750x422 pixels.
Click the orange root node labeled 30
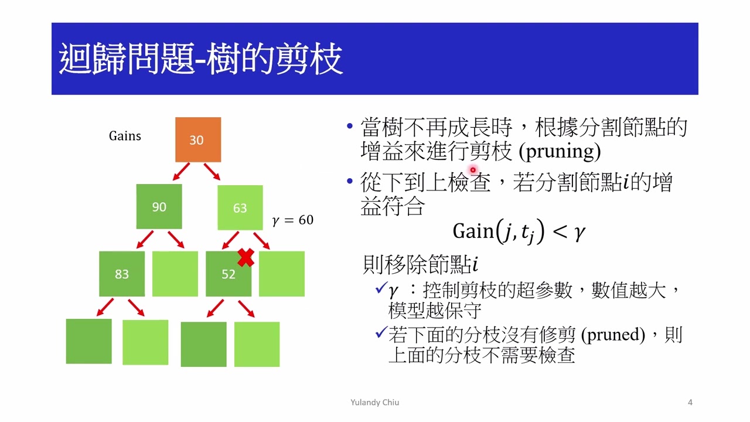[x=198, y=139]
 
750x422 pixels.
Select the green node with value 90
[x=159, y=206]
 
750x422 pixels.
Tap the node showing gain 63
[x=240, y=207]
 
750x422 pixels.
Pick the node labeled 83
[x=121, y=274]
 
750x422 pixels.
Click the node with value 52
[x=228, y=274]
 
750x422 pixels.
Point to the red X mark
[x=246, y=257]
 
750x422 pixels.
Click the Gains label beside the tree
[x=125, y=136]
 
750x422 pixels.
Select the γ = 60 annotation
[x=292, y=220]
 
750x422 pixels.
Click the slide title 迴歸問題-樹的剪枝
[x=200, y=59]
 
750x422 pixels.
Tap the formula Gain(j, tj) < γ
[x=519, y=232]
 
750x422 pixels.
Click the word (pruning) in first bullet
[x=560, y=152]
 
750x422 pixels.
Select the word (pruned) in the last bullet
[x=613, y=335]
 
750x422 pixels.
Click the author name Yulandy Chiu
[x=374, y=402]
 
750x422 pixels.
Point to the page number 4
[x=690, y=402]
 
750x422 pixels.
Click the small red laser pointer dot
[x=473, y=170]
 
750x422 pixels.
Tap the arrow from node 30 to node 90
[x=180, y=172]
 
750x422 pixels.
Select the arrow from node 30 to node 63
[x=212, y=172]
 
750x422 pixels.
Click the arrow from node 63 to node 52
[x=229, y=240]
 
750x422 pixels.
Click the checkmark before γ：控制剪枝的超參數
[x=380, y=289]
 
